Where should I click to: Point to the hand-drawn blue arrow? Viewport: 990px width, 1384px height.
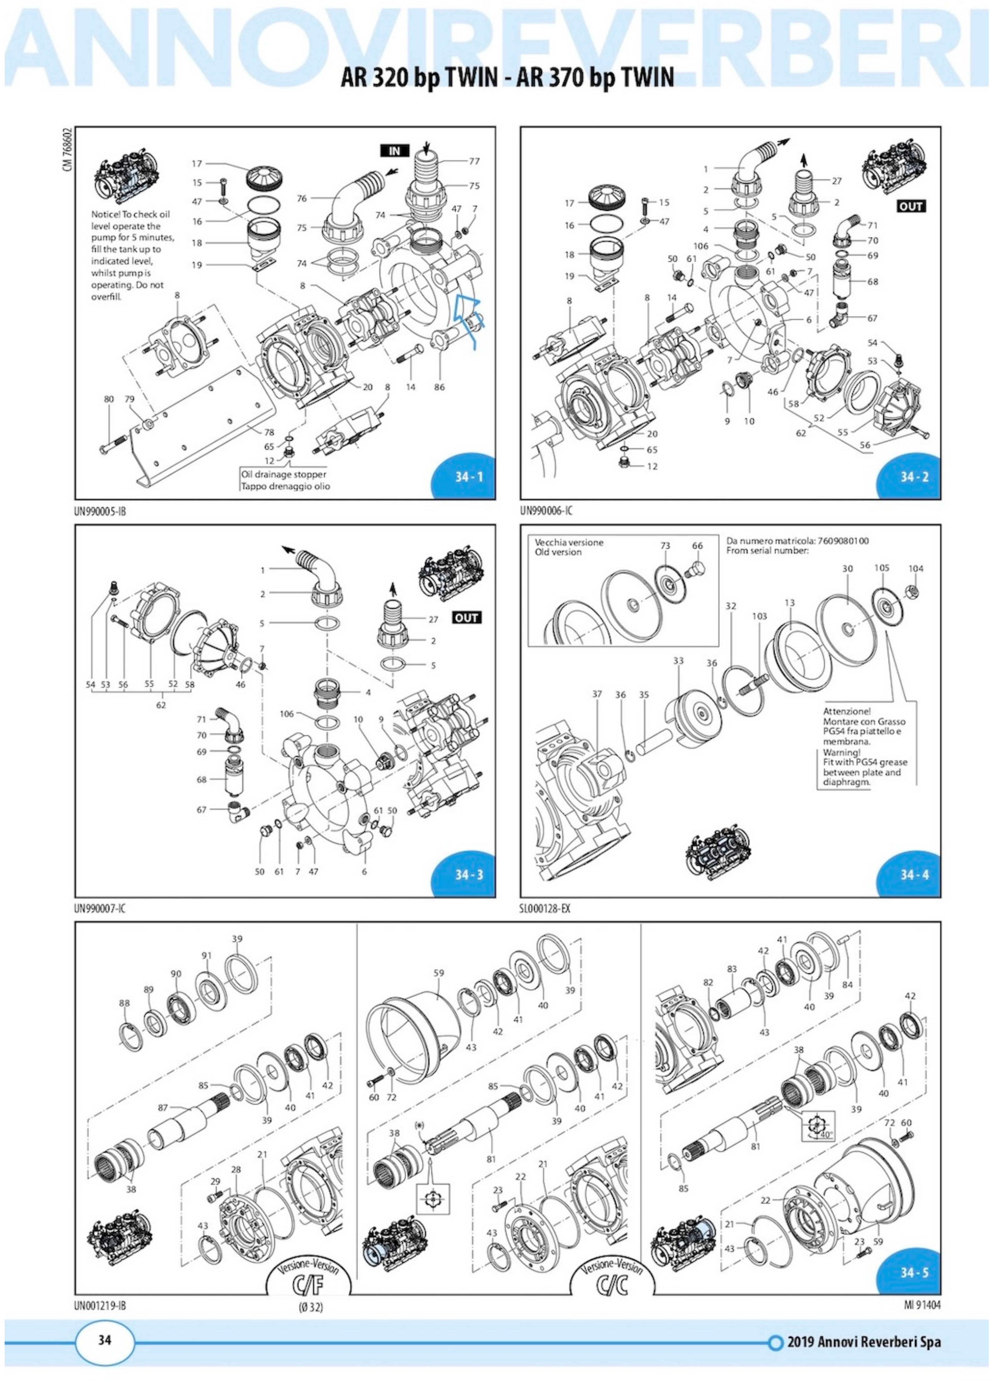pos(468,317)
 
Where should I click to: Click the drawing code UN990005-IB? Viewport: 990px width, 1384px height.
pos(101,512)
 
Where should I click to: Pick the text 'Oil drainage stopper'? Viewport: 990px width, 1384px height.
pos(283,474)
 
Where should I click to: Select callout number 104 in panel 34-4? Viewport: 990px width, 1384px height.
pos(916,568)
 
